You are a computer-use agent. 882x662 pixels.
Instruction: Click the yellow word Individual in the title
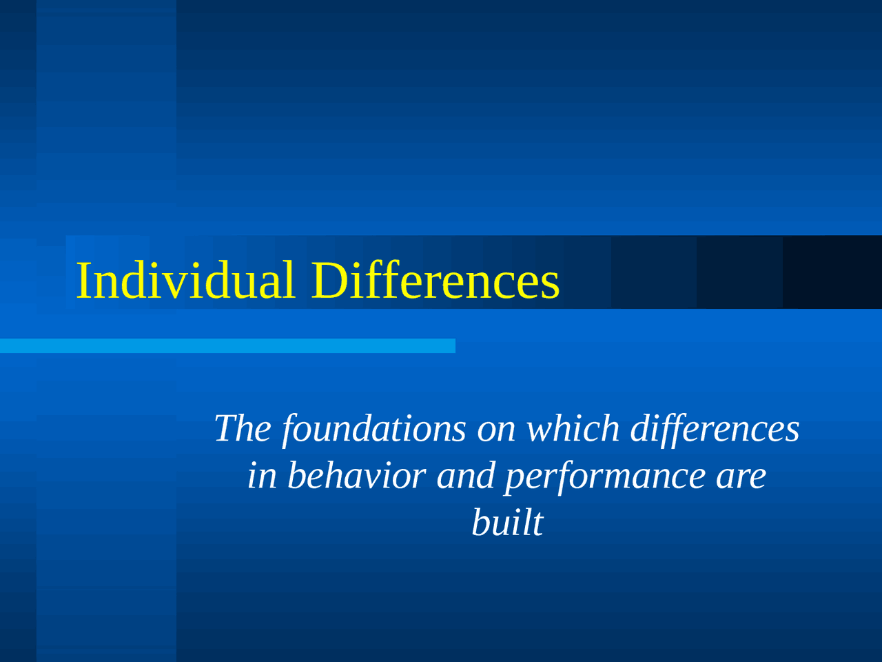[x=185, y=280]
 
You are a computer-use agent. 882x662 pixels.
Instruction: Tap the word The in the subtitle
[x=243, y=428]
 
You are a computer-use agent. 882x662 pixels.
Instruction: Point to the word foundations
[x=374, y=430]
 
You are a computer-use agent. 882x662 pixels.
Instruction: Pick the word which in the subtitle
[x=573, y=428]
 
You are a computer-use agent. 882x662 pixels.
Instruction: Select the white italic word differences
[x=715, y=430]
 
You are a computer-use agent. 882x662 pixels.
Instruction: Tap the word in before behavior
[x=262, y=476]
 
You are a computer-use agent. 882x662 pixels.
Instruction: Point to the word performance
[x=605, y=477]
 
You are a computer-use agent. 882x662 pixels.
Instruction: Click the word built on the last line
[x=508, y=522]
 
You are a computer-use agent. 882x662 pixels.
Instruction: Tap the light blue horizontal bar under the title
[x=227, y=345]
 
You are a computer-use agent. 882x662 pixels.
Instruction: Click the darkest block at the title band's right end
[x=832, y=272]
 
